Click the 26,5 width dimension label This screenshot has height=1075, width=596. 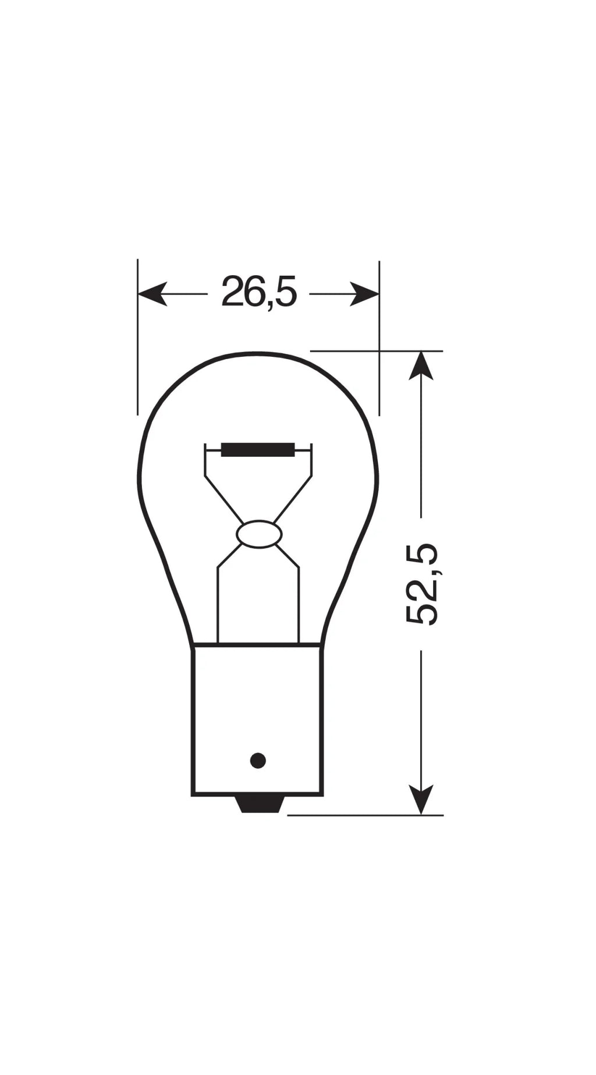[259, 292]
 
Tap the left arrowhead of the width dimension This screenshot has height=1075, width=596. [152, 294]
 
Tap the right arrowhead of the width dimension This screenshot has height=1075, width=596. [364, 294]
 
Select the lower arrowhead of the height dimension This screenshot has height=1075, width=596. [421, 800]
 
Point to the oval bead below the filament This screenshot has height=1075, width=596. [258, 534]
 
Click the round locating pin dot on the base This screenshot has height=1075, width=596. [258, 760]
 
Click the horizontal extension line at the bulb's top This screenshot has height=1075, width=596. [378, 351]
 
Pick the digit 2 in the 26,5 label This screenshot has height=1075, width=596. [232, 292]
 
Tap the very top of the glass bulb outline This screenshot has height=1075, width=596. [258, 353]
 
